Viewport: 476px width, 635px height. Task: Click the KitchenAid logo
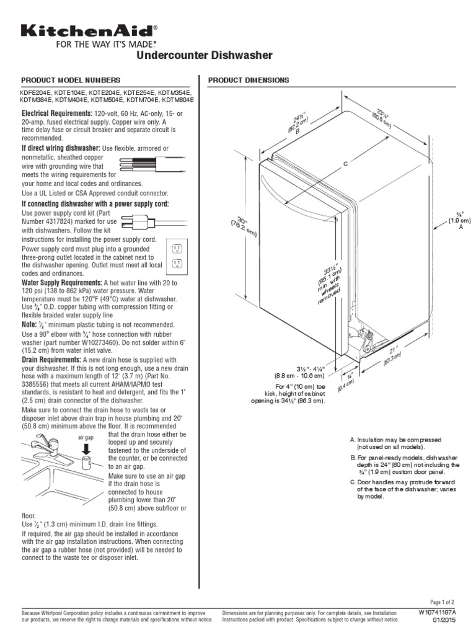pos(89,30)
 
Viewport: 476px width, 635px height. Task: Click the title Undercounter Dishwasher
pos(204,56)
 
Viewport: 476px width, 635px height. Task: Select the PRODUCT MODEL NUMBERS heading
pos(71,81)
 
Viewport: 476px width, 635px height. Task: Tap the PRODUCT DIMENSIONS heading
pos(248,81)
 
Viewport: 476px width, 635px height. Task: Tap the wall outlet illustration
pos(177,255)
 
